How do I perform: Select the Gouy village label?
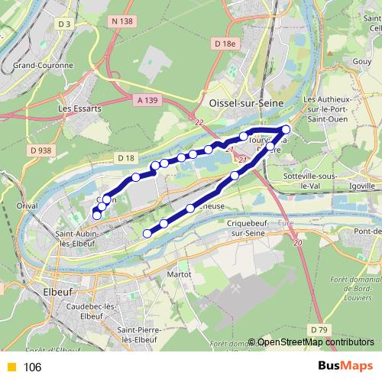pyautogui.click(x=362, y=60)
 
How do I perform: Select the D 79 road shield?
pyautogui.click(x=319, y=329)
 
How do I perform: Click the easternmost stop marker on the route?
pyautogui.click(x=286, y=129)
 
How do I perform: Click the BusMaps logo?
pyautogui.click(x=340, y=366)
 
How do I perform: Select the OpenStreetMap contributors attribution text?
pyautogui.click(x=315, y=342)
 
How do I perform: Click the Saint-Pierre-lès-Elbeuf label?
pyautogui.click(x=138, y=334)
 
